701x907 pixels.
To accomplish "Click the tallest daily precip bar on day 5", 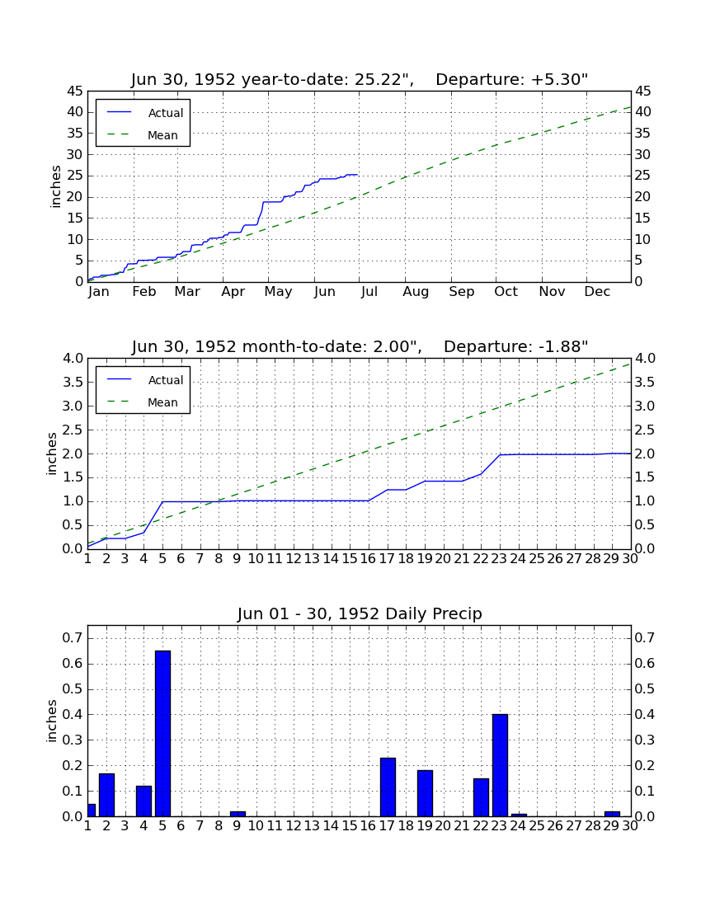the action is point(162,734).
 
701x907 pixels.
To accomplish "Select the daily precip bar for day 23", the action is point(500,765).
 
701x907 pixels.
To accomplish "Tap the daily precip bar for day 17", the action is point(388,787).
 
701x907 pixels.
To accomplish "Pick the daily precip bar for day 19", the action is point(425,793).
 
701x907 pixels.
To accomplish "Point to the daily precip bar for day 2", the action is point(106,795).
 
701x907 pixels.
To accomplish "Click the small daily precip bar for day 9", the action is point(238,814).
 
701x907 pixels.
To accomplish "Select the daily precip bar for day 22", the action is point(481,797).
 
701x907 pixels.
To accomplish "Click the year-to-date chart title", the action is point(360,79).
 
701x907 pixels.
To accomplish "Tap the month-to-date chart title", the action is point(360,346).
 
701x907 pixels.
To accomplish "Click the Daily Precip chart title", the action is point(360,613).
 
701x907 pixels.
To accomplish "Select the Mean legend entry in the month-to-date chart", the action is point(143,402).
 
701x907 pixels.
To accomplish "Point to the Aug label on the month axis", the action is point(416,292).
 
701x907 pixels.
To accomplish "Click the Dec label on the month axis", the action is point(597,292).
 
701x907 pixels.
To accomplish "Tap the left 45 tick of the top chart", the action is point(76,91).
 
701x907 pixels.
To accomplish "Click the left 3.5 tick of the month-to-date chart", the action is point(73,383).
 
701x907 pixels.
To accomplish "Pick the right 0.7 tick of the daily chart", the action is point(645,638).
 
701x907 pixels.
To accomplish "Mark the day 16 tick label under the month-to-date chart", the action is point(368,559).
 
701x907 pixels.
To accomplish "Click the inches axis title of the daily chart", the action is point(52,721).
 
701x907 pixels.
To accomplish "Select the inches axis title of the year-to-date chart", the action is point(55,186).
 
